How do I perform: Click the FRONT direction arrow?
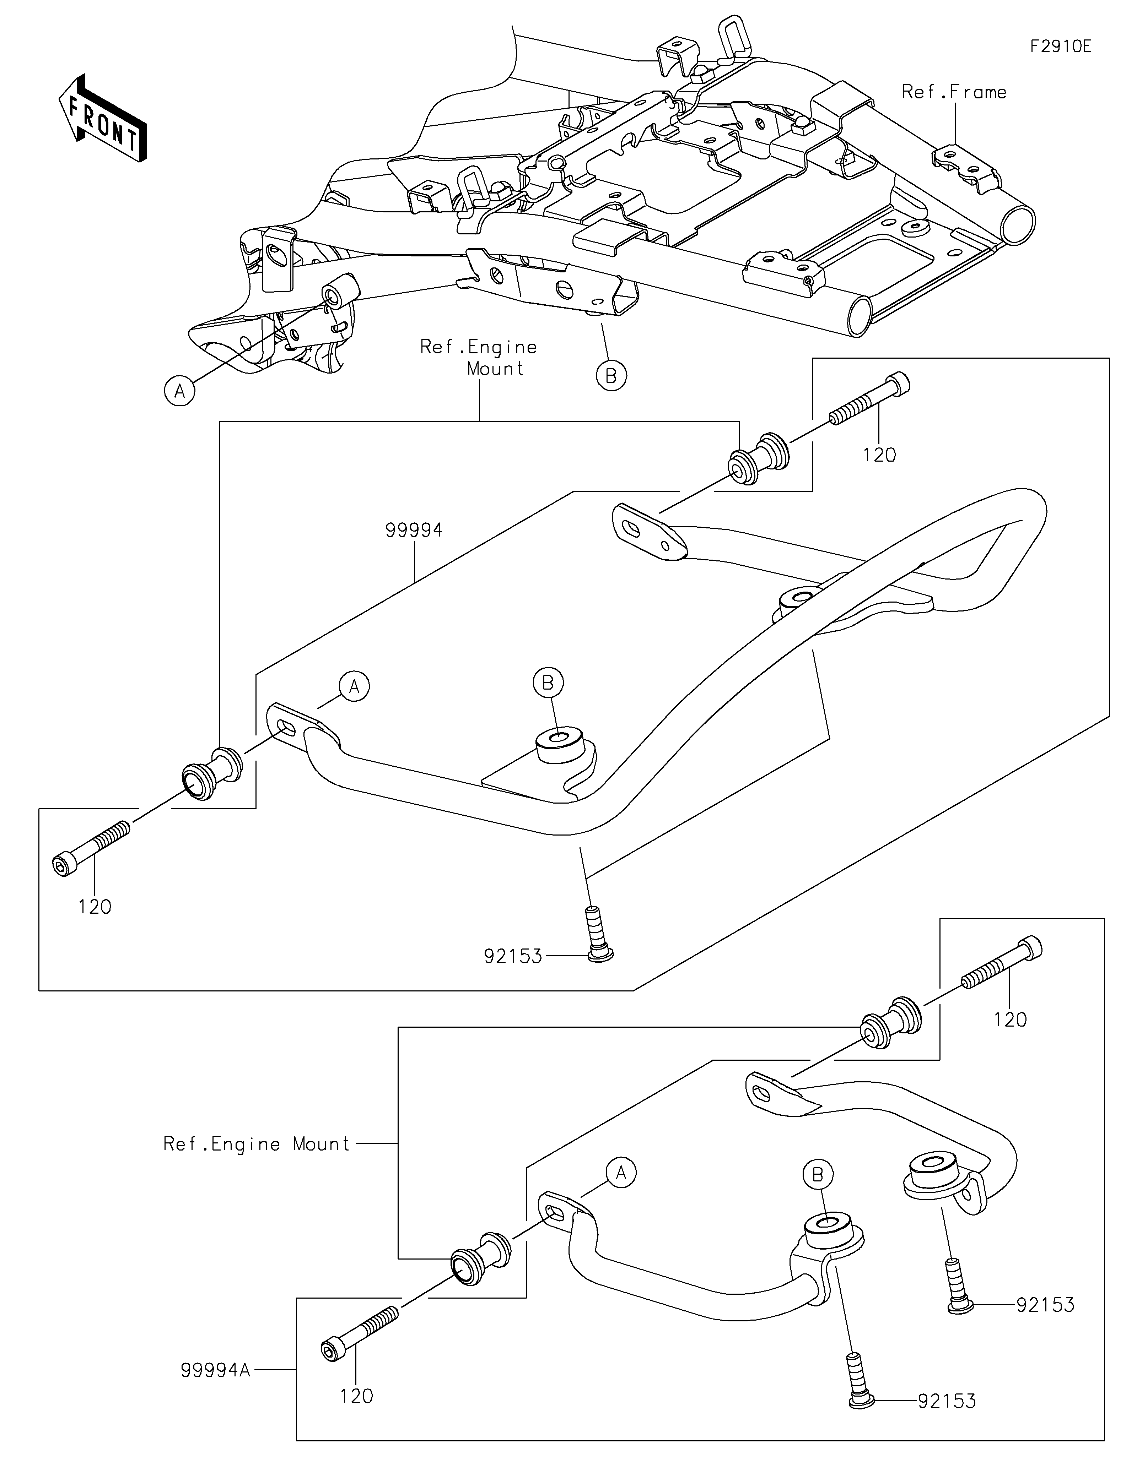[102, 118]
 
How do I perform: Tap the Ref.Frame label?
[954, 92]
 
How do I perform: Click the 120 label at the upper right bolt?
[879, 455]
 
